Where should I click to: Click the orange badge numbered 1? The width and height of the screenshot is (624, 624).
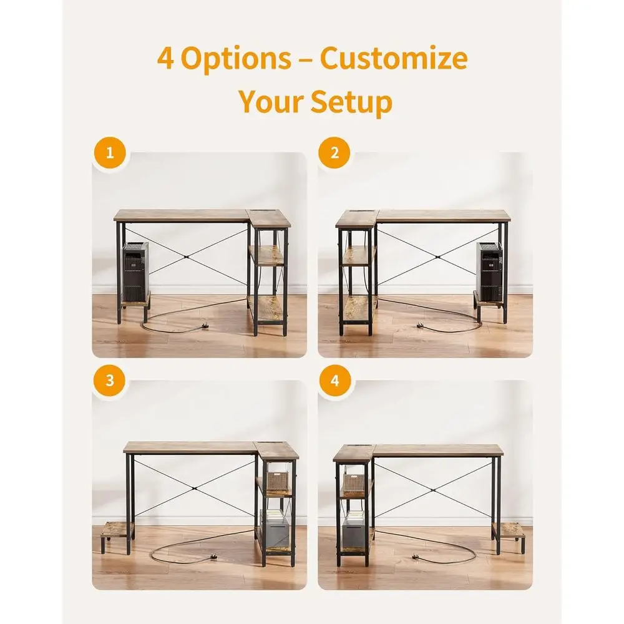tap(110, 153)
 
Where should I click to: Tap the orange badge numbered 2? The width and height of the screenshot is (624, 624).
tap(334, 153)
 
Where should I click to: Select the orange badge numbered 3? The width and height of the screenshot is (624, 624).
tap(110, 381)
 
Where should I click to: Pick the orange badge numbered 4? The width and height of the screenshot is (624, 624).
tap(334, 381)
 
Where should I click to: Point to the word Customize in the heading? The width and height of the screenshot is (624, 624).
tap(394, 58)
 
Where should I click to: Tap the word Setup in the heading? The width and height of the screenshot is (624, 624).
tap(351, 102)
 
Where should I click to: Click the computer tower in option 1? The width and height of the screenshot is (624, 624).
tap(135, 272)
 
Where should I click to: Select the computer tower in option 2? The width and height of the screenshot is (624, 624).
tap(489, 272)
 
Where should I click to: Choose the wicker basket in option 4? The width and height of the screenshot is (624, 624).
tap(356, 484)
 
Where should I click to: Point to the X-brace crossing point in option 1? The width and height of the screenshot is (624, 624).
tap(186, 257)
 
